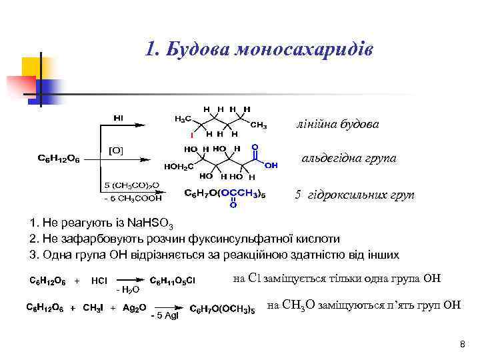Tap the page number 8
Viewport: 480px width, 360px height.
point(462,344)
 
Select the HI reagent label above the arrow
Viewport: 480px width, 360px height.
point(119,118)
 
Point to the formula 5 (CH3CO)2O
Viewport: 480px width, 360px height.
point(131,185)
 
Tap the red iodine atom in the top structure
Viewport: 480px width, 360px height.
point(191,135)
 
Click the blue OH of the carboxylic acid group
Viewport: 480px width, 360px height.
point(271,165)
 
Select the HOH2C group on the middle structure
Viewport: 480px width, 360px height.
point(179,167)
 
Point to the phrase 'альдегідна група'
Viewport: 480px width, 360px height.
point(349,159)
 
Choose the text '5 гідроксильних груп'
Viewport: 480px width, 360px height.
point(354,195)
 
